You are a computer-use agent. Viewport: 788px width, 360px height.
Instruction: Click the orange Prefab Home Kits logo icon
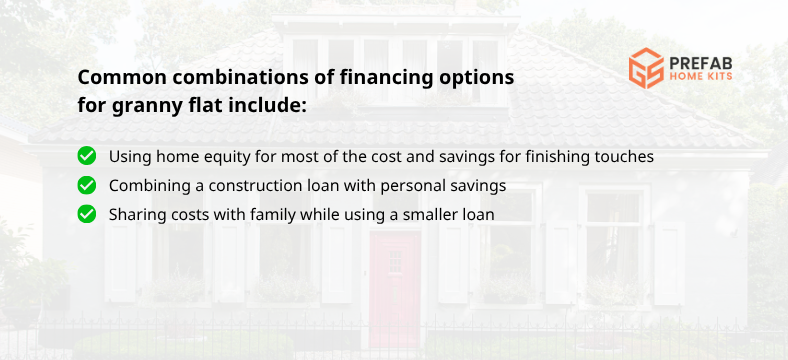645,68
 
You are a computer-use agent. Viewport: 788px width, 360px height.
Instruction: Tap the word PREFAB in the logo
703,60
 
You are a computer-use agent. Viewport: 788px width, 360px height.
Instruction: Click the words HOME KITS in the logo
703,77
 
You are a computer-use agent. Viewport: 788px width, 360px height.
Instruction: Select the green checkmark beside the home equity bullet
87,156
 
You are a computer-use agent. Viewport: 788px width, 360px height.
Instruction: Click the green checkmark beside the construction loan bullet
87,185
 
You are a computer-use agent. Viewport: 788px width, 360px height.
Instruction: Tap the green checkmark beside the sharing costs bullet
87,213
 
